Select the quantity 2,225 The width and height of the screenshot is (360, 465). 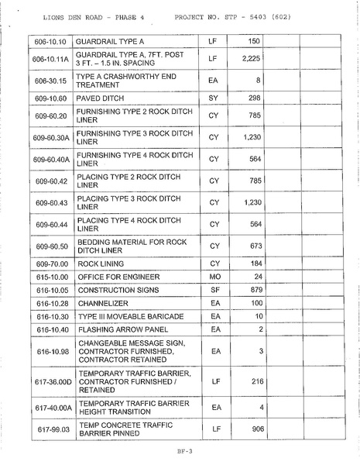(249, 59)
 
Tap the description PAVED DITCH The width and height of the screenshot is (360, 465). (104, 98)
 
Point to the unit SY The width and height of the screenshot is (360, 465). (214, 98)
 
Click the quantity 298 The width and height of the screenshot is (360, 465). (253, 98)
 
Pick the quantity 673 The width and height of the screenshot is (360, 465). (253, 246)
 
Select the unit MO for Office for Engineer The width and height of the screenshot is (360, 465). (214, 277)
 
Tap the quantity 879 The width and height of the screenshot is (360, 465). (253, 290)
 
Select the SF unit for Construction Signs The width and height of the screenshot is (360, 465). (214, 290)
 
